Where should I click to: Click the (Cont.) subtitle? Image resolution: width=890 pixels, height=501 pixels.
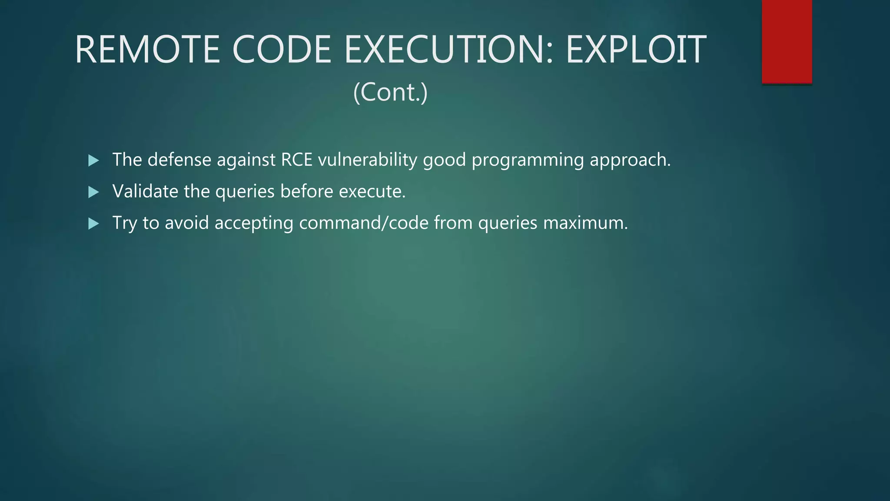(390, 92)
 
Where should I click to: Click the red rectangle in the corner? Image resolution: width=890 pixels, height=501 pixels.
(787, 41)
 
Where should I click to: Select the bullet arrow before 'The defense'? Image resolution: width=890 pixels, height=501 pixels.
(93, 160)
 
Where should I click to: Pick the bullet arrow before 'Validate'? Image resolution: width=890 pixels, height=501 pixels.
(93, 192)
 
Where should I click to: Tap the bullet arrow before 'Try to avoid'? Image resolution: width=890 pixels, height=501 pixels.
(93, 224)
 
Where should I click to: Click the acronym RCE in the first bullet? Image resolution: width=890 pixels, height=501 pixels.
(297, 160)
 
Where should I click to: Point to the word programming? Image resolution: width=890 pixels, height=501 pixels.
(528, 160)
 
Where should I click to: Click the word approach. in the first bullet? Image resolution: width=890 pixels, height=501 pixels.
(630, 160)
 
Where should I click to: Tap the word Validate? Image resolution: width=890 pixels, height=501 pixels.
(145, 191)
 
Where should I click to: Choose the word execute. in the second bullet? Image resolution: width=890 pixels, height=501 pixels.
(372, 191)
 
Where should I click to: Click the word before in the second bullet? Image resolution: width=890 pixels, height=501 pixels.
(306, 191)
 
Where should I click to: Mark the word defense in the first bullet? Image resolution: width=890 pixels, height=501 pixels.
(179, 160)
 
